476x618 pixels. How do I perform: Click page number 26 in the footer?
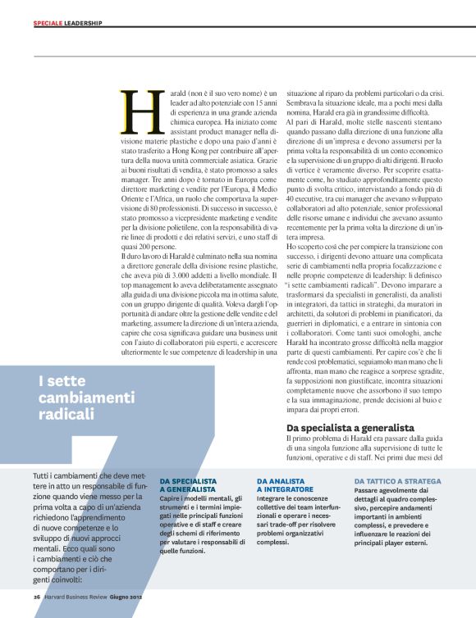(x=37, y=597)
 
